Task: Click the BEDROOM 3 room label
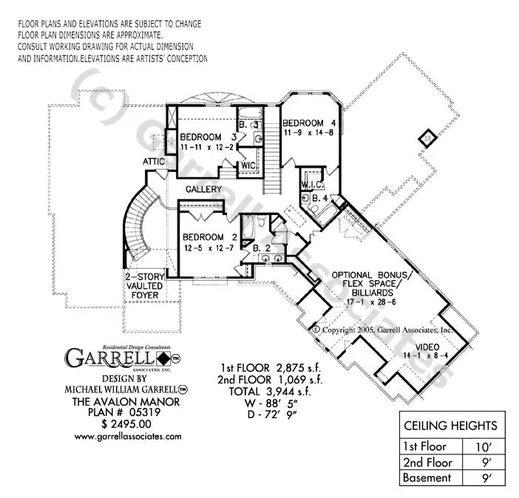click(x=202, y=137)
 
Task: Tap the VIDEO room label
click(x=427, y=347)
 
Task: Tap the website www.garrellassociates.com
click(x=128, y=437)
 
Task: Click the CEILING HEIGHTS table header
click(x=450, y=426)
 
